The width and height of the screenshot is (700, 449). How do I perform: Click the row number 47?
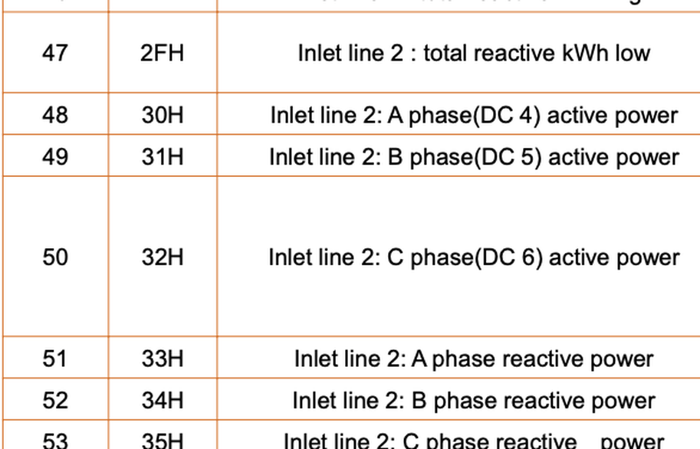[54, 53]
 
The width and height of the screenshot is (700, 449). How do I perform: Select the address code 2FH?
[163, 53]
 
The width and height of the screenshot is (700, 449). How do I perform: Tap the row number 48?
[54, 115]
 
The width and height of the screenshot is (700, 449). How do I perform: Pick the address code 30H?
[163, 115]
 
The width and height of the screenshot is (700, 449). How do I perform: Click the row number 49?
[54, 156]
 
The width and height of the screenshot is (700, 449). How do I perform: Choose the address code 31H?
[163, 156]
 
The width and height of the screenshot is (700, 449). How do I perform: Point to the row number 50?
[54, 257]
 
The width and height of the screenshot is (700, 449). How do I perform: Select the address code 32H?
[163, 257]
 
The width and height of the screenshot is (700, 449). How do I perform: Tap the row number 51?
[54, 358]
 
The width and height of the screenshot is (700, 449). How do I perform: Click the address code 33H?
[163, 358]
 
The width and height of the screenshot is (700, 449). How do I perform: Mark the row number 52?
[54, 400]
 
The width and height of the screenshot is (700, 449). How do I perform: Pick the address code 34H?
[163, 400]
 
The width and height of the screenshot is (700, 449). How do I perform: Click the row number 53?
[54, 441]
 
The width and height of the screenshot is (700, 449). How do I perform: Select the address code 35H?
[163, 441]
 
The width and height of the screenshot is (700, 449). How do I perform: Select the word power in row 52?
[625, 401]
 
